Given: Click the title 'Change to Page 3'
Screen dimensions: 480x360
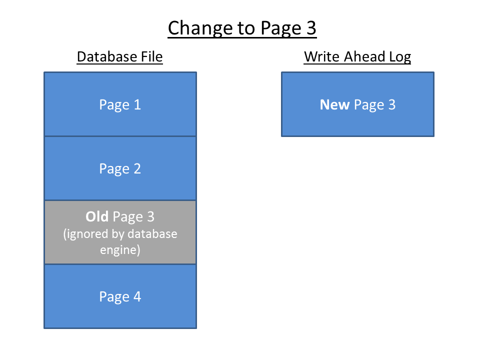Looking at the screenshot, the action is tap(242, 28).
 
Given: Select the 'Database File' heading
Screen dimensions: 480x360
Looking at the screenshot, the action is tap(119, 56).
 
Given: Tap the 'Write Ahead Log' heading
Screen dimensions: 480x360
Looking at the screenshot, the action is tap(357, 57).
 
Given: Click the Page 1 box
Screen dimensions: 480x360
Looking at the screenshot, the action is tap(120, 104).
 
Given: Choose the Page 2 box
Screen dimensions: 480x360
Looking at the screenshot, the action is tap(120, 168).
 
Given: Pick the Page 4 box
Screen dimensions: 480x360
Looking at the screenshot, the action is tap(120, 296).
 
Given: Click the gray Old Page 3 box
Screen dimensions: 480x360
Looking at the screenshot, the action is tap(120, 232).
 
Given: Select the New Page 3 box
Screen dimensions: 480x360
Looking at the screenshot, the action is tap(357, 104).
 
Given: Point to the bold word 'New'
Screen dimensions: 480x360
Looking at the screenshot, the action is tap(334, 104).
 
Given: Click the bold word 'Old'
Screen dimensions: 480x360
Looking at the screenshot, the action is tap(97, 216).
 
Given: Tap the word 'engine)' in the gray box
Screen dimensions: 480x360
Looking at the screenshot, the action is tap(120, 250).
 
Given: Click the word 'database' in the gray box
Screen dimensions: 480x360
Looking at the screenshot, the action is tap(152, 234).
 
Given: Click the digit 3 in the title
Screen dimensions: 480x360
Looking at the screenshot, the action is tap(311, 28).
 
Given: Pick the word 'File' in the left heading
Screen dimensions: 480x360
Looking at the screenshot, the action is tap(151, 56).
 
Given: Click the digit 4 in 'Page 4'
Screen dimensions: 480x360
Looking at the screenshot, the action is tap(137, 296).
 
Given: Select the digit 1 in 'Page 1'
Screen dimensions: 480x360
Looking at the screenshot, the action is tap(137, 104).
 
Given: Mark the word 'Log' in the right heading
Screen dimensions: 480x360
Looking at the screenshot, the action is tap(400, 57).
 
